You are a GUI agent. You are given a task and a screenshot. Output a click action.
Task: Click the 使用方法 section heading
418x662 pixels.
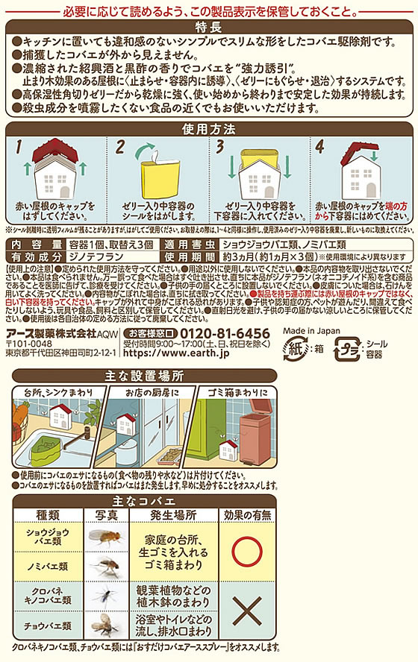[x=208, y=129]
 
